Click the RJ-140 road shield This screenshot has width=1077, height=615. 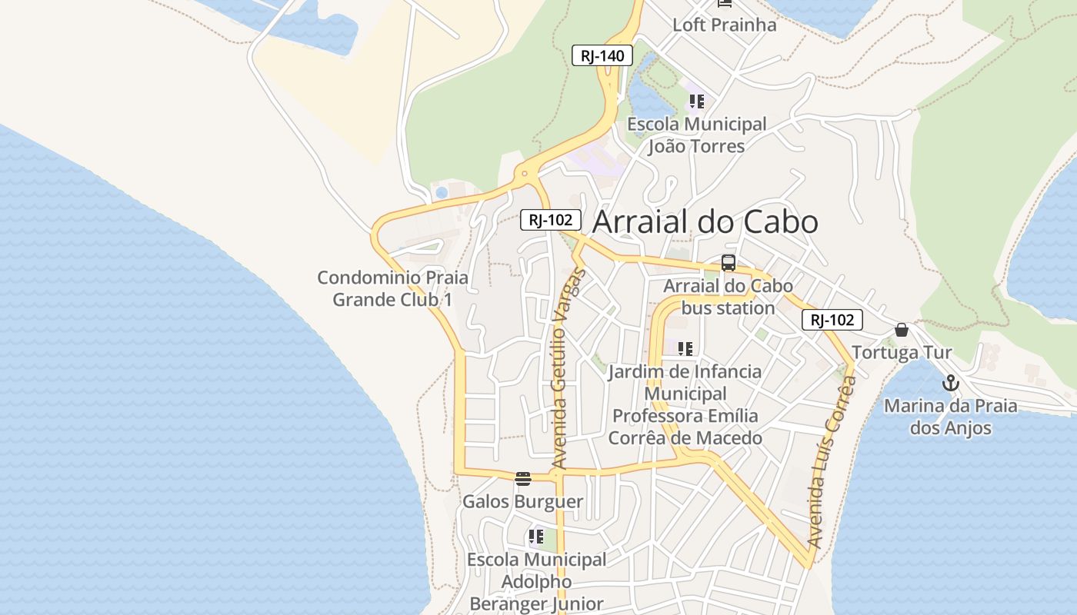[602, 55]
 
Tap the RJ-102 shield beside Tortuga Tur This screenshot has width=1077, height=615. [832, 320]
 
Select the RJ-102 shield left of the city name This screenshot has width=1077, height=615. [549, 219]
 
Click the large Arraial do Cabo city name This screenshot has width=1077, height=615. [705, 221]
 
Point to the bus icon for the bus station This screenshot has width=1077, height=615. [728, 263]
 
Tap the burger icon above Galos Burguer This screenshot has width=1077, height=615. [523, 479]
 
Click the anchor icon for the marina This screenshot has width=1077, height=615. [951, 383]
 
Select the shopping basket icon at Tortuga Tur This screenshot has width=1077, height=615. [902, 331]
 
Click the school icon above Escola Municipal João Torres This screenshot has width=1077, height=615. [697, 101]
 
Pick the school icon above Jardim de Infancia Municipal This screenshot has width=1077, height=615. [685, 349]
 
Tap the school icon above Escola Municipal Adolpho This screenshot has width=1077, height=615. [536, 537]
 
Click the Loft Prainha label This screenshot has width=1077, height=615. [724, 25]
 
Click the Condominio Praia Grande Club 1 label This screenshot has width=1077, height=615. [392, 288]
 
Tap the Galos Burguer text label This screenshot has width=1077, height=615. [522, 502]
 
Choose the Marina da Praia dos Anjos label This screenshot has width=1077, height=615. [950, 417]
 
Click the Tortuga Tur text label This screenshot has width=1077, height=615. [902, 353]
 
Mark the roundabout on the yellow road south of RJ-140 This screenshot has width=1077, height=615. [525, 174]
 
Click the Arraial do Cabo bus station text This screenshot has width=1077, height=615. [728, 297]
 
